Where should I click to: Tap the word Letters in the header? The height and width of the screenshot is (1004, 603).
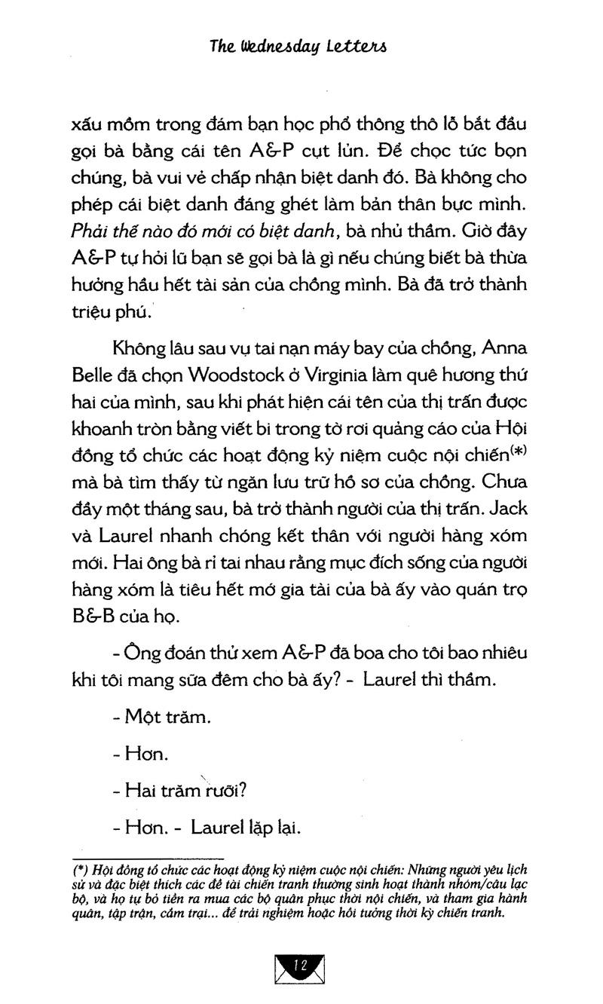pyautogui.click(x=359, y=48)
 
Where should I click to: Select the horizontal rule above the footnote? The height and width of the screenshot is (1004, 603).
pyautogui.click(x=148, y=857)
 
